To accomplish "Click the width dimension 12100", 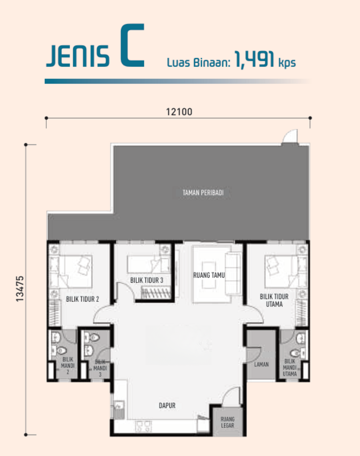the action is [179, 112].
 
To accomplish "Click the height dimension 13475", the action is [20, 288].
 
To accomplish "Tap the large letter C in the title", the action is [132, 45].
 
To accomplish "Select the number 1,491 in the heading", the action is [254, 60].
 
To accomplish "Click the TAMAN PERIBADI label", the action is [203, 193].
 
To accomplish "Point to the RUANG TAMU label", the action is [209, 275].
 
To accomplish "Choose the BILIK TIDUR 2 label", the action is [82, 299].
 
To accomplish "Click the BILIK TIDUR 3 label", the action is [146, 280].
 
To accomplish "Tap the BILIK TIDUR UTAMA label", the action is [274, 300].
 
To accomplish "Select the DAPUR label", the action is [167, 406].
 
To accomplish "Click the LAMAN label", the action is [261, 364].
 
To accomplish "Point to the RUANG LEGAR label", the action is [228, 422].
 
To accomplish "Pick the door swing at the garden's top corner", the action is [290, 136].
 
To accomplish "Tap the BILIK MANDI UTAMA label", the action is [290, 368].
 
